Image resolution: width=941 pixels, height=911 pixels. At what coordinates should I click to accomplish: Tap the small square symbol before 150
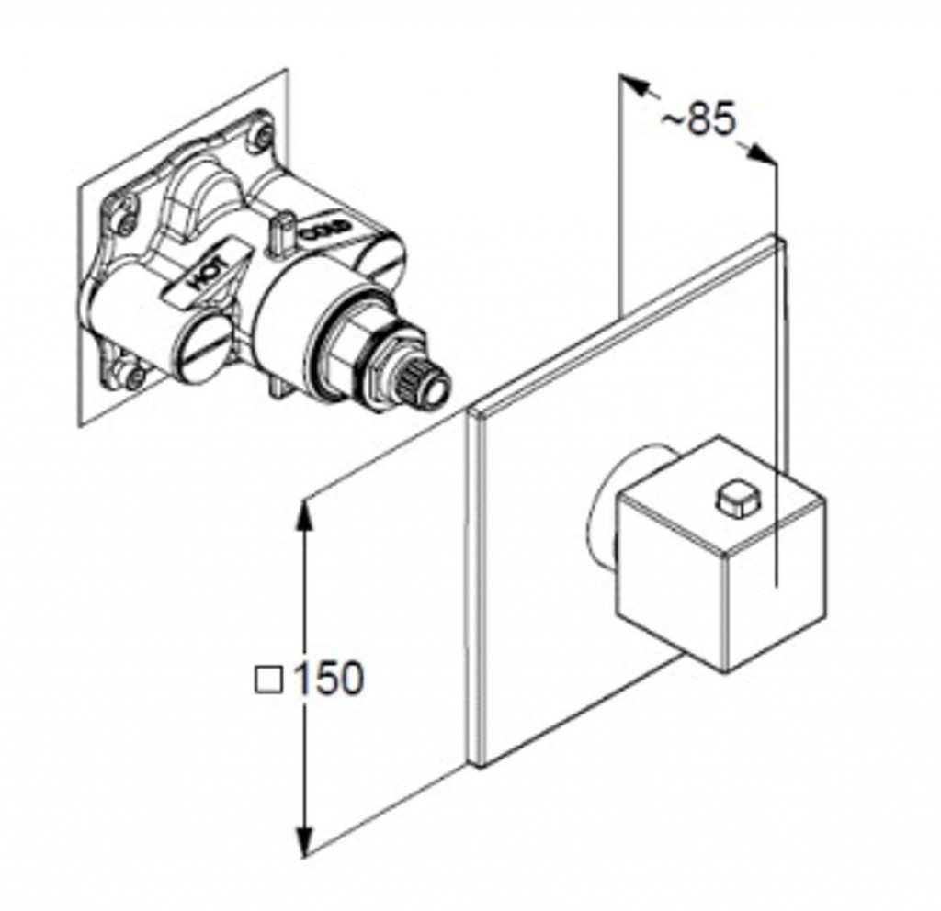pyautogui.click(x=269, y=680)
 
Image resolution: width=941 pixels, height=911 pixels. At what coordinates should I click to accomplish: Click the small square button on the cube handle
pyautogui.click(x=733, y=498)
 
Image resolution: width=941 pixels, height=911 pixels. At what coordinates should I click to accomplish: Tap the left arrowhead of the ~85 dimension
pyautogui.click(x=633, y=85)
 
